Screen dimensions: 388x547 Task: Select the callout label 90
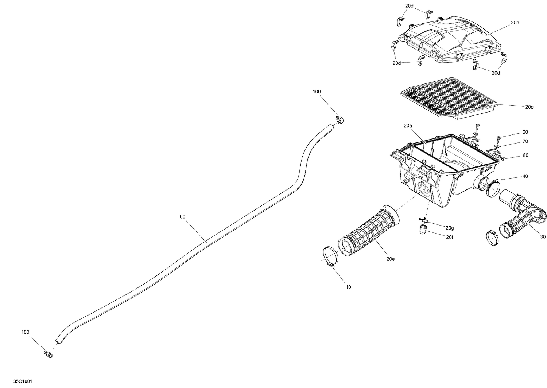click(x=183, y=217)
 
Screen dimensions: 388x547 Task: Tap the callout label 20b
click(x=515, y=23)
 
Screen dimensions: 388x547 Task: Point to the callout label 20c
click(x=529, y=107)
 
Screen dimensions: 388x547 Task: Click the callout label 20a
click(x=408, y=126)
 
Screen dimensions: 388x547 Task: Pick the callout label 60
click(x=525, y=132)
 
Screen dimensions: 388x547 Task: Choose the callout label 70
click(x=525, y=141)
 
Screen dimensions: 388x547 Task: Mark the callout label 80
click(x=525, y=155)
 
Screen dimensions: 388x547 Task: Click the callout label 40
click(x=525, y=176)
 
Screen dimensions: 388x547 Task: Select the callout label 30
click(x=543, y=237)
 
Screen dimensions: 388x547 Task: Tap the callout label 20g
click(x=450, y=228)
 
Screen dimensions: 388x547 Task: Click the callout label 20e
click(x=391, y=259)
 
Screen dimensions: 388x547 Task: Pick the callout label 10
click(x=348, y=287)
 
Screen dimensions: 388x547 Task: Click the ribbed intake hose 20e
click(x=368, y=230)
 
